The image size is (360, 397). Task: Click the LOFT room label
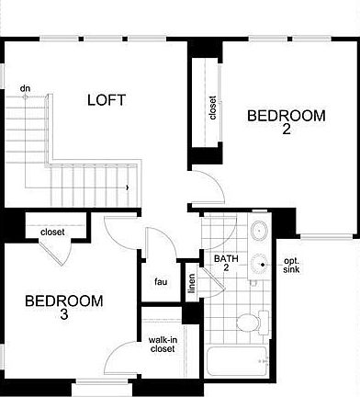(107, 99)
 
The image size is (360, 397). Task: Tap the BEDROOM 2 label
(287, 122)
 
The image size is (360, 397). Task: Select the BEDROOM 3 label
(64, 308)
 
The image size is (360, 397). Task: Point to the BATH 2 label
(227, 264)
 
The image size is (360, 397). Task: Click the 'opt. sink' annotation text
(291, 265)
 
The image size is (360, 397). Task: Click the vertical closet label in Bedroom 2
(213, 108)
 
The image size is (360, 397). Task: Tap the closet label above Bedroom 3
(52, 233)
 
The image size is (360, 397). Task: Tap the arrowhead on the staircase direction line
(128, 188)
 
